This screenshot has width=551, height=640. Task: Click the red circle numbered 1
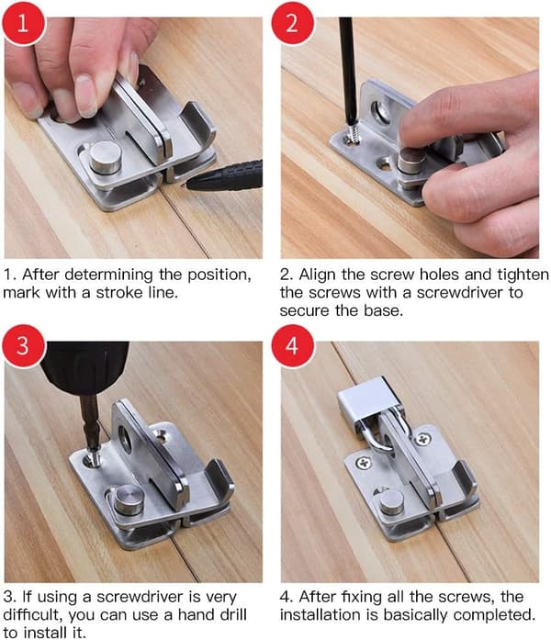[x=23, y=23]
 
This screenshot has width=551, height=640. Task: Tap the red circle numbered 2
[x=293, y=23]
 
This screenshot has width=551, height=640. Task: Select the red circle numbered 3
[x=23, y=346]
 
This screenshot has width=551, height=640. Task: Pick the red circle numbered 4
[x=293, y=346]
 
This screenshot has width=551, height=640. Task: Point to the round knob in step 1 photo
[x=106, y=157]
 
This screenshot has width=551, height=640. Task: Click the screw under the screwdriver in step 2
[x=354, y=132]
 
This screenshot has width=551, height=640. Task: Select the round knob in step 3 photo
[x=129, y=500]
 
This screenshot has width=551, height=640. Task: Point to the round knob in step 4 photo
[x=392, y=502]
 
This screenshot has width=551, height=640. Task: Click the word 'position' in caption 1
[x=219, y=275]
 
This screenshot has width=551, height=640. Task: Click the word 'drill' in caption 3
[x=234, y=614]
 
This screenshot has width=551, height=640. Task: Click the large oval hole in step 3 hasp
[x=125, y=439]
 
